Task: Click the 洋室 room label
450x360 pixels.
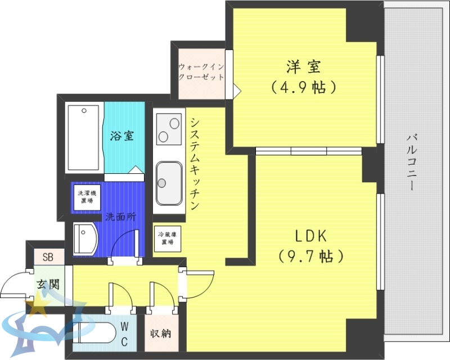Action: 304,67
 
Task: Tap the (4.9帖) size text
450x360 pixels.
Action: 304,87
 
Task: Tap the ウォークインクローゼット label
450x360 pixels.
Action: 201,72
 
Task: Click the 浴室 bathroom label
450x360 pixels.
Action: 122,136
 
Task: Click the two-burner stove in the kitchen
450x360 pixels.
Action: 168,129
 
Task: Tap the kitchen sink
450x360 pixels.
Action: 168,182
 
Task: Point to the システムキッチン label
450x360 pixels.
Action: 195,163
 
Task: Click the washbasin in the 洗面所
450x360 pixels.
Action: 85,239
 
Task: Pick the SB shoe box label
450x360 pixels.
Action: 48,258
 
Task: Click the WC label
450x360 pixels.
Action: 124,333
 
